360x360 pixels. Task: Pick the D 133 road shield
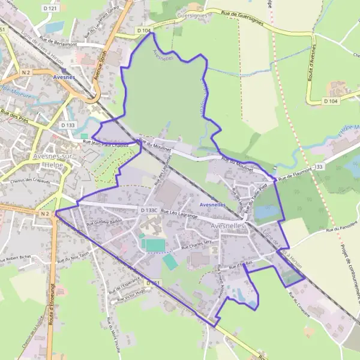(x=68, y=125)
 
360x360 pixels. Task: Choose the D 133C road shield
(x=149, y=211)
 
